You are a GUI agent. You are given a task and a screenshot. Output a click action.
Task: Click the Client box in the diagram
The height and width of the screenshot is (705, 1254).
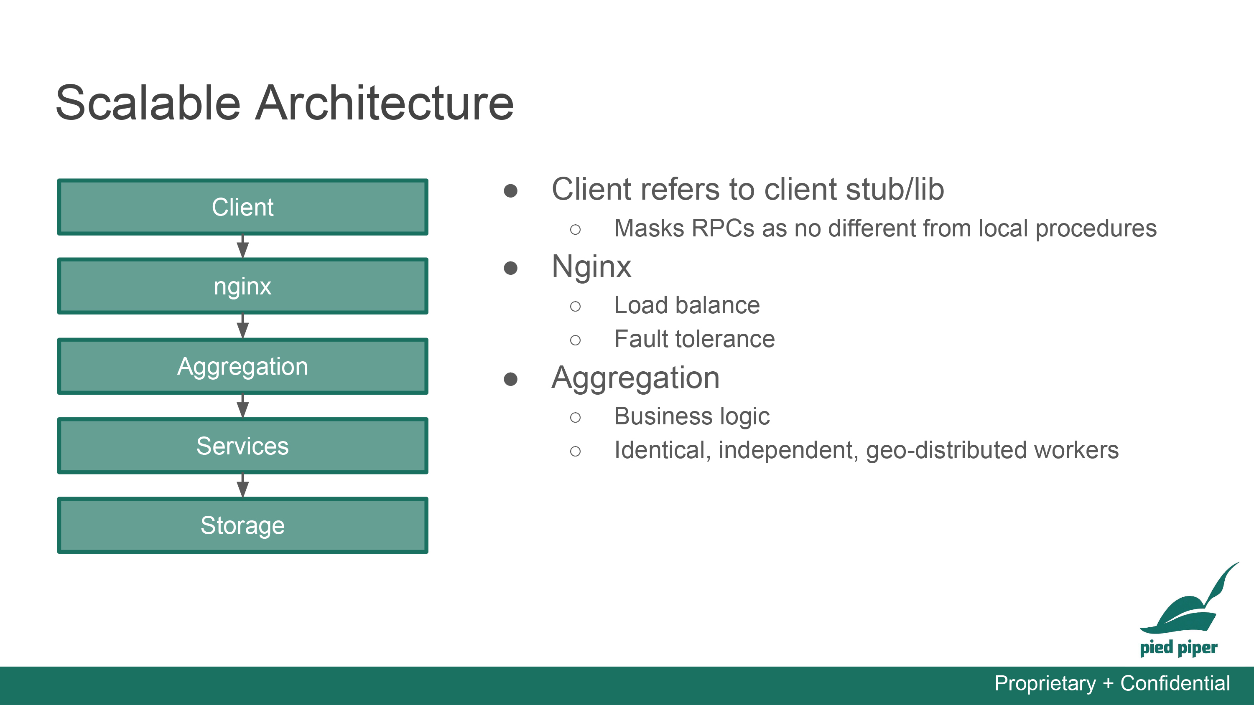(242, 207)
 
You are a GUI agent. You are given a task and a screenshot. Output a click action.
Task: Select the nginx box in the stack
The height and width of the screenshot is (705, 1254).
(242, 286)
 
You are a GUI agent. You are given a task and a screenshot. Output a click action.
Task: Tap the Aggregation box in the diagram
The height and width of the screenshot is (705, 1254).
(242, 366)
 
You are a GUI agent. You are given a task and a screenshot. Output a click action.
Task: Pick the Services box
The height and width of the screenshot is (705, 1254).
(242, 446)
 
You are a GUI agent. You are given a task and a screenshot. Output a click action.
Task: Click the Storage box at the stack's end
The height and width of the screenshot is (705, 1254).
(242, 525)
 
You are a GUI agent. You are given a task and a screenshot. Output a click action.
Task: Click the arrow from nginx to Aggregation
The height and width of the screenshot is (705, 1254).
(242, 326)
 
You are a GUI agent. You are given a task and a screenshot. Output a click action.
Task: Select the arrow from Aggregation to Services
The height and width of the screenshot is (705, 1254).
(242, 406)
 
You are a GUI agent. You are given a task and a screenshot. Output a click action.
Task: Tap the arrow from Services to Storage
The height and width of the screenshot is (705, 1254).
(242, 486)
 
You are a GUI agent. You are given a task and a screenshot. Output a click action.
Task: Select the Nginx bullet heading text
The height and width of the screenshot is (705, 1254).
(591, 267)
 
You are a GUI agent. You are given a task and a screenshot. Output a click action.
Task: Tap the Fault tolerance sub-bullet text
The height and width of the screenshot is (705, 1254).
(695, 339)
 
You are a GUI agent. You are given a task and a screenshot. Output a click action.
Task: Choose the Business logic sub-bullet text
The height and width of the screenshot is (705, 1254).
(692, 416)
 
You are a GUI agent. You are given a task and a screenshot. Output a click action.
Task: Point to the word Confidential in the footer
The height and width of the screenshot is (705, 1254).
(1175, 683)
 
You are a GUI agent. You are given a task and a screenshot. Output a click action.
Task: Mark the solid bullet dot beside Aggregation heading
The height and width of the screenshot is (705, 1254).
(510, 379)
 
